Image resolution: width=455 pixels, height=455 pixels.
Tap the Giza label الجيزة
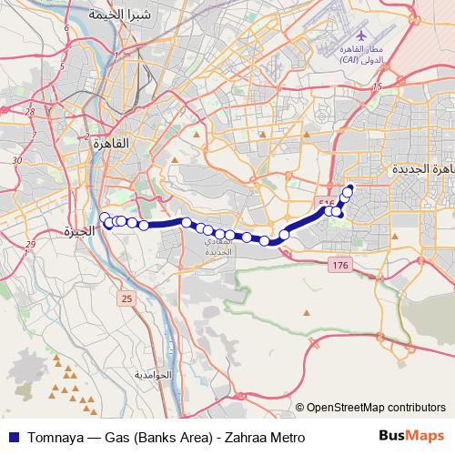click(x=80, y=231)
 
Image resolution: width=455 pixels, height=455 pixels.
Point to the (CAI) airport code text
click(x=349, y=60)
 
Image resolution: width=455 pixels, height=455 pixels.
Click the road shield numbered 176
click(x=339, y=265)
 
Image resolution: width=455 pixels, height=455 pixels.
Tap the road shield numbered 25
click(x=126, y=298)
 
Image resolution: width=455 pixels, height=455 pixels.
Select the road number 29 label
click(x=30, y=244)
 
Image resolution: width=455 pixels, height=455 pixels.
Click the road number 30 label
click(x=16, y=160)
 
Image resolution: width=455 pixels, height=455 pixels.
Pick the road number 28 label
click(x=30, y=112)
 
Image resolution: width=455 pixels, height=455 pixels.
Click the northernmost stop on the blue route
click(x=349, y=189)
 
